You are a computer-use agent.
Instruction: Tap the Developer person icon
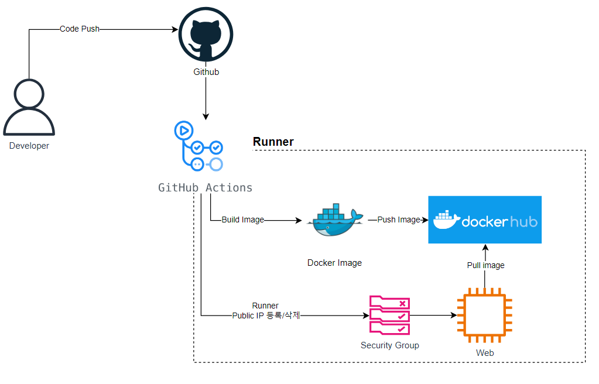[29, 108]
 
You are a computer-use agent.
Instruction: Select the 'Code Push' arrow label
[80, 29]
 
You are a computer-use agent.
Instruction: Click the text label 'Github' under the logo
[206, 72]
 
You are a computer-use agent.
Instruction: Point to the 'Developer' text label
[29, 146]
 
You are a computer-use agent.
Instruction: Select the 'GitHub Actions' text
[206, 188]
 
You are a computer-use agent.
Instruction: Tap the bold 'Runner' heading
[273, 142]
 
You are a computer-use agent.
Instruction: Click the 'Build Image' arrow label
[242, 220]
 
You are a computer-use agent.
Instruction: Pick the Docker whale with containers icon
[334, 221]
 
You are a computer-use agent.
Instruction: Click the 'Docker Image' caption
[334, 263]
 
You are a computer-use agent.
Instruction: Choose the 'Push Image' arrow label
[399, 220]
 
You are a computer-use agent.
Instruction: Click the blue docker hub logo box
[485, 220]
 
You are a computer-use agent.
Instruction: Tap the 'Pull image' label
[485, 265]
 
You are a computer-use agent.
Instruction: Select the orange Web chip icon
[485, 316]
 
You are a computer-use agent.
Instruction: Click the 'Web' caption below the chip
[485, 353]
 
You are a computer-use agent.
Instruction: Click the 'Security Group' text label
[390, 345]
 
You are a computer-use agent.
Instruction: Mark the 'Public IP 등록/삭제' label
[266, 316]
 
